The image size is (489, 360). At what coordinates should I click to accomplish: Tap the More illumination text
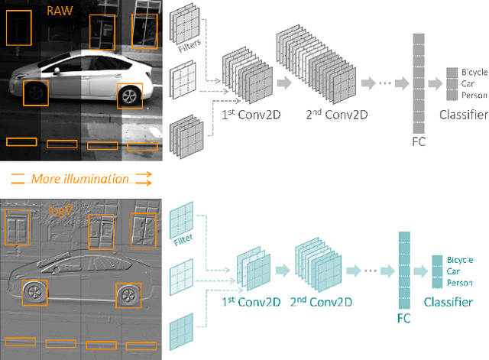(80, 179)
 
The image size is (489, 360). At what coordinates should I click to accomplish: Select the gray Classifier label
(463, 115)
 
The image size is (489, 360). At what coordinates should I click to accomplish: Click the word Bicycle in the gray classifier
(474, 72)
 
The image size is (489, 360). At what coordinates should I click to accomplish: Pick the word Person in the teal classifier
(459, 283)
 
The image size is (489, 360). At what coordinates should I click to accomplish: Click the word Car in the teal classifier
(454, 271)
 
